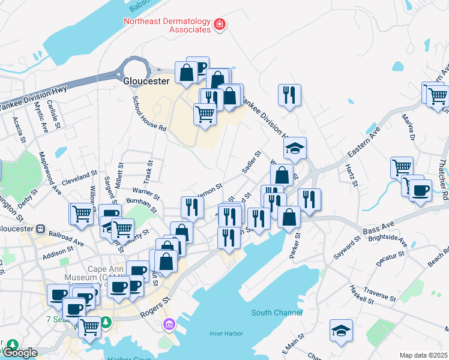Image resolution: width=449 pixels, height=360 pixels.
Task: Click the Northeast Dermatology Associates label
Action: click(167, 25)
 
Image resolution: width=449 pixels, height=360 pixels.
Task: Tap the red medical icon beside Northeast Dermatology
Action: click(220, 25)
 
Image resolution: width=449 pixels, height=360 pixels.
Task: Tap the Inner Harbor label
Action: click(225, 334)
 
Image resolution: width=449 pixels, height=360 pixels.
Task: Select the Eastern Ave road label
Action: click(364, 146)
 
